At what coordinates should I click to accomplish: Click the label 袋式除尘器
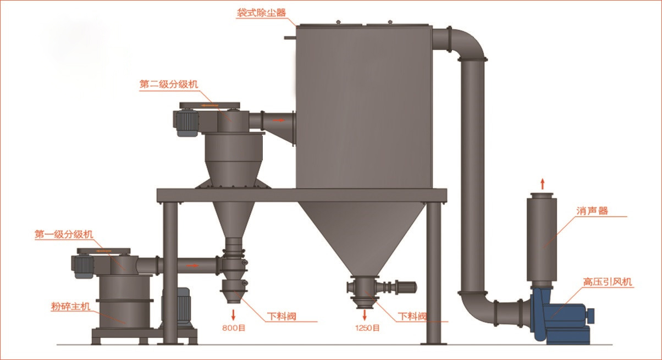coord(262,13)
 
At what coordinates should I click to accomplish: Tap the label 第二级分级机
coord(169,85)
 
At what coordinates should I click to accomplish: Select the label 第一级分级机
coord(64,235)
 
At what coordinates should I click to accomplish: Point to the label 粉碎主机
coord(70,306)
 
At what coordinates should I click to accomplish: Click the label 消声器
coord(592,211)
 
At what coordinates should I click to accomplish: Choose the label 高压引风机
coord(608,282)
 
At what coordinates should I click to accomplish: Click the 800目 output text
coord(234,328)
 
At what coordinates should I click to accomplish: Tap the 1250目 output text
coord(367,328)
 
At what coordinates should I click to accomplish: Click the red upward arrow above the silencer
coord(542,184)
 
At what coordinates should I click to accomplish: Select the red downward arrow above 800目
coord(234,315)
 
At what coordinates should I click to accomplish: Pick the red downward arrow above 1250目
coord(365,315)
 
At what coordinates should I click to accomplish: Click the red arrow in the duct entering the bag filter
coord(278,120)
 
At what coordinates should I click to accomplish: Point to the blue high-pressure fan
coord(560,315)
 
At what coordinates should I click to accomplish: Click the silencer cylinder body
coord(542,240)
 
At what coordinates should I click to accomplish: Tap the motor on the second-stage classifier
coord(186,123)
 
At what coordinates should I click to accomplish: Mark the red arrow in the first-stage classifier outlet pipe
coord(192,266)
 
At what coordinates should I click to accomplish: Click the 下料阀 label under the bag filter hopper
coord(412,317)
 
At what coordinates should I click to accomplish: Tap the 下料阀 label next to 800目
coord(282,317)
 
